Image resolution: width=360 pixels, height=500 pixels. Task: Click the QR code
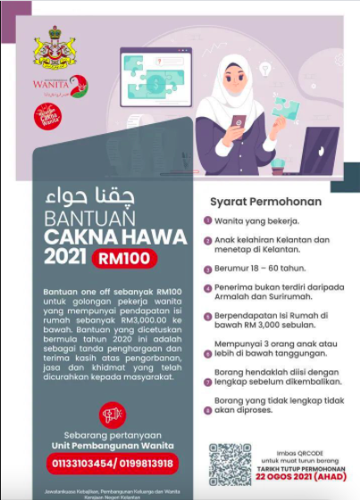tap(230, 462)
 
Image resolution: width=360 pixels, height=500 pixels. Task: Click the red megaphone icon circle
tap(110, 413)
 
